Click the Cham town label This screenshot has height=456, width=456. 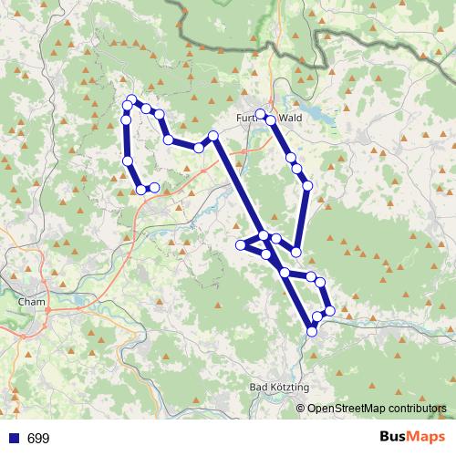31,300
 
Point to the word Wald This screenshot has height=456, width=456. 290,117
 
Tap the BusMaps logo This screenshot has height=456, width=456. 408,438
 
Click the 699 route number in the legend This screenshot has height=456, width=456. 38,439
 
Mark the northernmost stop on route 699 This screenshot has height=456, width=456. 132,99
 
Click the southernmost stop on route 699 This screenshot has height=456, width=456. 312,331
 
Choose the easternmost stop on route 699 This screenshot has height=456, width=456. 329,311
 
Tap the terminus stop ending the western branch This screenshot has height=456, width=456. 154,187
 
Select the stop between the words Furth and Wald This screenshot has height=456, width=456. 261,114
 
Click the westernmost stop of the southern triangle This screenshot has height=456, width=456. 241,244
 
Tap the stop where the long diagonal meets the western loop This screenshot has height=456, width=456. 213,136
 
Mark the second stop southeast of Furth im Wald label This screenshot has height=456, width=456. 291,158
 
